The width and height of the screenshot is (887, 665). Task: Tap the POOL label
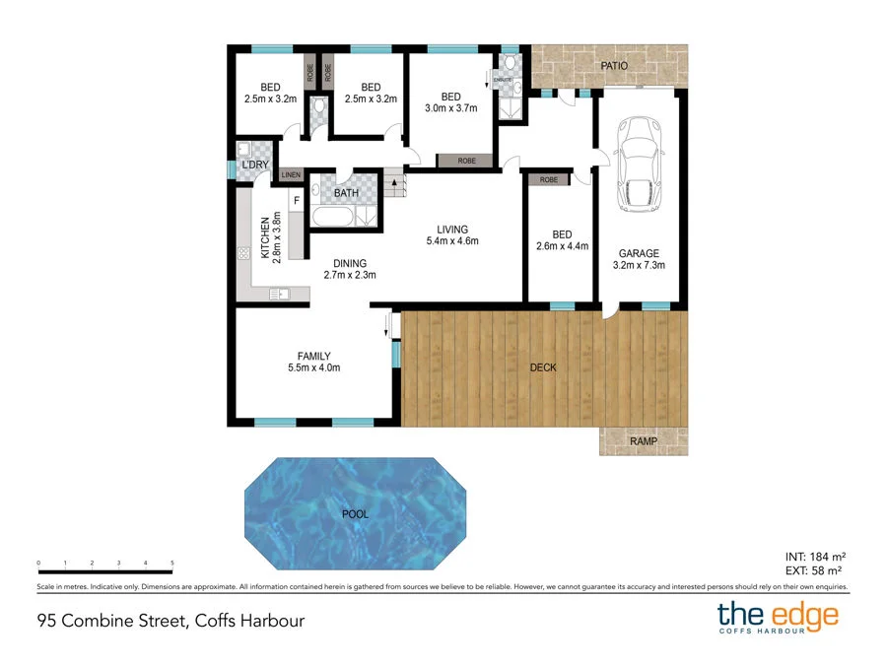coord(355,512)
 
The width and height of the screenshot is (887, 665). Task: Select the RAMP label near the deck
coord(644,441)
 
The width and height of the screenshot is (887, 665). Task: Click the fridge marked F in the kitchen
coord(295,202)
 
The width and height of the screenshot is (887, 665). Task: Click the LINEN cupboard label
coord(291,176)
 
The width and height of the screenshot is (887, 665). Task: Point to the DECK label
coord(543,367)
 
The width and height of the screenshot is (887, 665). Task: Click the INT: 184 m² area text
coord(812,555)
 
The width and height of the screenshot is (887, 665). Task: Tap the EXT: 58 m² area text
coord(812,569)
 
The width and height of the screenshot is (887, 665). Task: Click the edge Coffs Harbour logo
coord(778,619)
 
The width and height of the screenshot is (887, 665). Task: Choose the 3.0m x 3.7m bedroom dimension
coord(450,108)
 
